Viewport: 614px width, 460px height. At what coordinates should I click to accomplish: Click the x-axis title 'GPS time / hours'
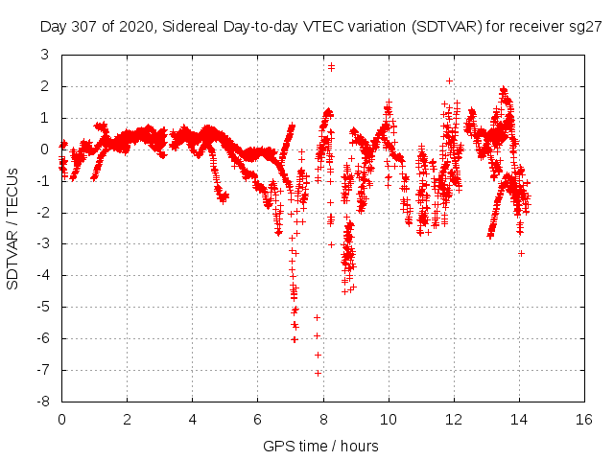[320, 446]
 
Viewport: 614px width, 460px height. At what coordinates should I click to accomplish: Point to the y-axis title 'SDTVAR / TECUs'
[13, 228]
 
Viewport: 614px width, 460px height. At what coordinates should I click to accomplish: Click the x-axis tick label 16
[582, 419]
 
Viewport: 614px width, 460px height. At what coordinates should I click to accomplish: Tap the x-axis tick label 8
[322, 419]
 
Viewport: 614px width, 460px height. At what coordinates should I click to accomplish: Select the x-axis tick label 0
[61, 419]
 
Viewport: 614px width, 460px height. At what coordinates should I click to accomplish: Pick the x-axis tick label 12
[452, 419]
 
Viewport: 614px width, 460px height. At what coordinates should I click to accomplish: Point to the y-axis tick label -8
[42, 402]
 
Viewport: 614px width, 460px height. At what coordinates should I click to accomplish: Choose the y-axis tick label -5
[42, 307]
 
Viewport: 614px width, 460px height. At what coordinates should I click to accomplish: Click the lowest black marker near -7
[318, 373]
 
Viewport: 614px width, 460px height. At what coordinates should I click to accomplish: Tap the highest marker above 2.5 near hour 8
[331, 66]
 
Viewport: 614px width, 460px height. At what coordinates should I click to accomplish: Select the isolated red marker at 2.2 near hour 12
[449, 80]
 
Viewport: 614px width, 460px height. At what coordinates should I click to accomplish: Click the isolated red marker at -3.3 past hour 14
[521, 253]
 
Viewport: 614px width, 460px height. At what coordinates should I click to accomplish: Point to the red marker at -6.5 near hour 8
[318, 355]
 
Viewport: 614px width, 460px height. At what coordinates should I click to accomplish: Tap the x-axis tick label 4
[192, 419]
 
